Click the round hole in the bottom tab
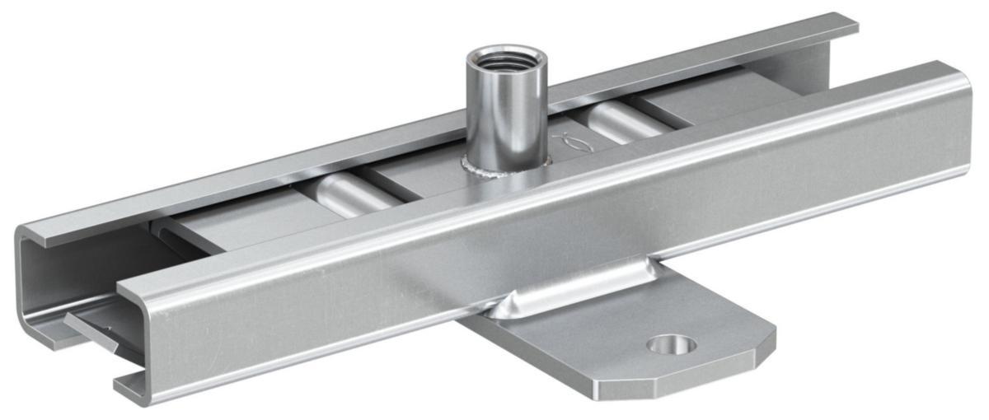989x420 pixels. pyautogui.click(x=672, y=344)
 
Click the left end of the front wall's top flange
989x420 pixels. pyautogui.click(x=132, y=284)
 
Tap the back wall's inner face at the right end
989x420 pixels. pyautogui.click(x=824, y=62)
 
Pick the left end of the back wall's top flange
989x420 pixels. pyautogui.click(x=33, y=231)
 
